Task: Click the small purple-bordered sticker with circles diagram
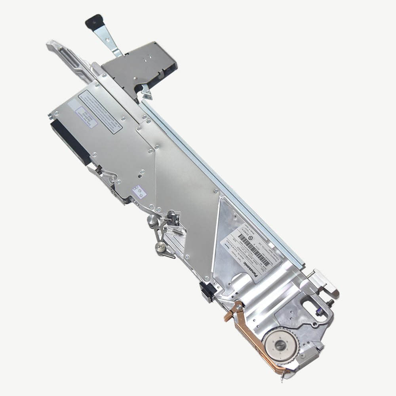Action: [139, 192]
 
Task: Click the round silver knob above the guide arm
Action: [152, 220]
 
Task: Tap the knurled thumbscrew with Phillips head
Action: [160, 247]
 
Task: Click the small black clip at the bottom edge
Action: [207, 291]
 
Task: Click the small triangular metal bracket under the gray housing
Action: [147, 93]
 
